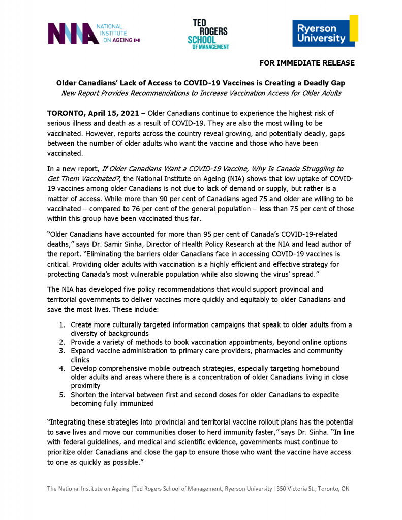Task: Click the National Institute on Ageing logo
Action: tap(93, 34)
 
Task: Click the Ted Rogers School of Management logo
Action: tap(208, 34)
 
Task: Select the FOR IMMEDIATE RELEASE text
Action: tap(307, 63)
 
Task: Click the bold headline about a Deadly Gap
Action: tap(201, 82)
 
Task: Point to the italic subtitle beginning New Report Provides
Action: tap(201, 93)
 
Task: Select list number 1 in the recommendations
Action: tap(61, 324)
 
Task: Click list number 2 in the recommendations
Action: tap(61, 342)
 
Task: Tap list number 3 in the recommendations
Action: tap(61, 351)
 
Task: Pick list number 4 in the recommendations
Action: tap(61, 368)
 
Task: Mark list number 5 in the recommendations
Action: tap(61, 395)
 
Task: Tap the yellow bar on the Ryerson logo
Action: tap(354, 28)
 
